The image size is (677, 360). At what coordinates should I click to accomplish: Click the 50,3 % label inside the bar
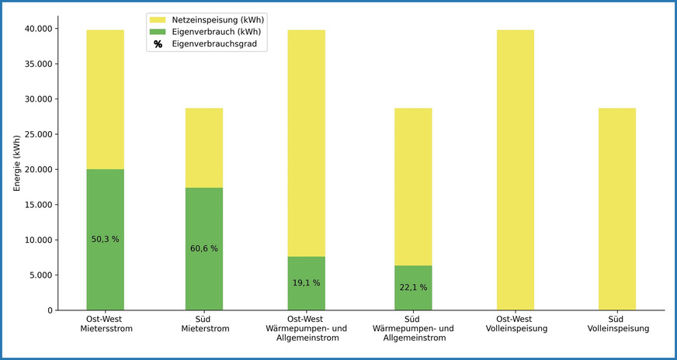point(105,239)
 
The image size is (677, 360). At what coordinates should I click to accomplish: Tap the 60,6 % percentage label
point(204,248)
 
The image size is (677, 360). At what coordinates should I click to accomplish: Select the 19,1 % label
point(306,283)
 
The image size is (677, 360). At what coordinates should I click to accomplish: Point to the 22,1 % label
point(413,287)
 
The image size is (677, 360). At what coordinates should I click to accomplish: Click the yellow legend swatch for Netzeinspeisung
point(157,19)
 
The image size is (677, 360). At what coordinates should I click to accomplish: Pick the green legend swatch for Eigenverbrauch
point(157,32)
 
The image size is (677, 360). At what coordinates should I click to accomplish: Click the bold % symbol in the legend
point(158,45)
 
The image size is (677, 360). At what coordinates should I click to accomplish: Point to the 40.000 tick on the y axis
point(37,29)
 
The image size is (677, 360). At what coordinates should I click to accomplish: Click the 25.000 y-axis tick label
point(37,134)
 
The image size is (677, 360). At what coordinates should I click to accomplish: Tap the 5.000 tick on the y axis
point(40,275)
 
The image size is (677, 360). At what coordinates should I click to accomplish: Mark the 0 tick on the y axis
point(50,310)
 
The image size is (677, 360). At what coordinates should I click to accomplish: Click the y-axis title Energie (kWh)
point(17,162)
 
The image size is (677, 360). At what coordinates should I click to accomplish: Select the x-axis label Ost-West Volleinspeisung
point(516,324)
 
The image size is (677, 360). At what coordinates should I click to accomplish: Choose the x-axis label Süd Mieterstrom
point(204,324)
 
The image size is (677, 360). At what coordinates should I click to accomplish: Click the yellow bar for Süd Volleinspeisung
point(616,209)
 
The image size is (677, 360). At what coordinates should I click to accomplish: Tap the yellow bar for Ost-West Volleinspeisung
point(516,171)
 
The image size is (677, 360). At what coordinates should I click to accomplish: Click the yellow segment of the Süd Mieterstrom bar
point(204,147)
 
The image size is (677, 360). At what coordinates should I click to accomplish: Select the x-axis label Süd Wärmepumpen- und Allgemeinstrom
point(413,328)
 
